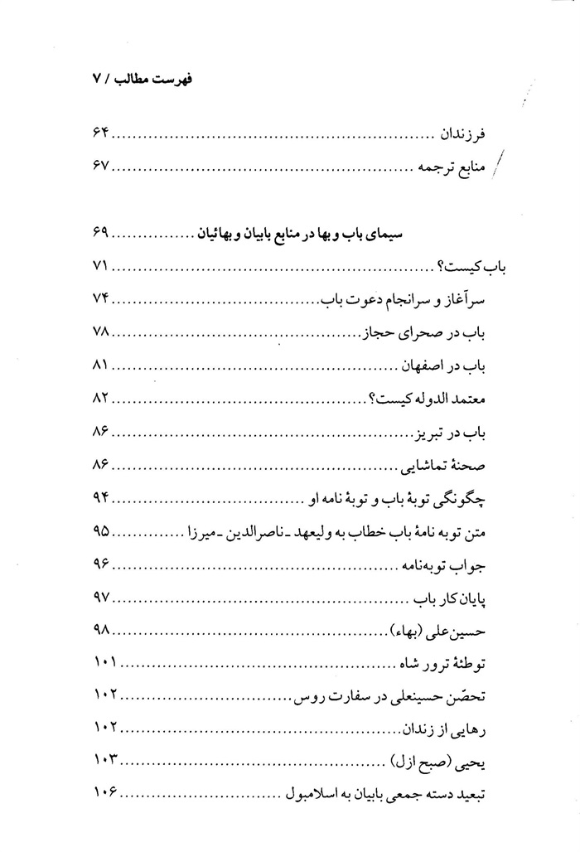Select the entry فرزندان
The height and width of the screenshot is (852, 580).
coord(466,133)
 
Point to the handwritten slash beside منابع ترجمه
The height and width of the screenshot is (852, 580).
coord(497,167)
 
